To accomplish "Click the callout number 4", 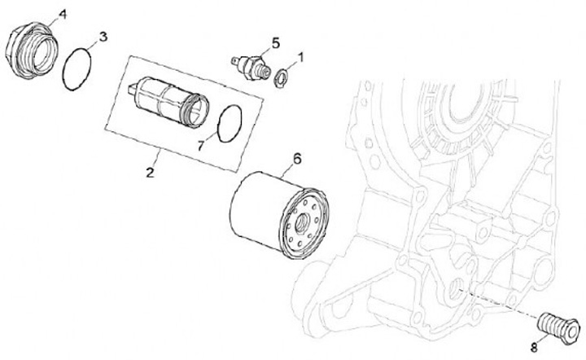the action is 62,15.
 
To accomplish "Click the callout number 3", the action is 103,37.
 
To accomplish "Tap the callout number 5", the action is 275,43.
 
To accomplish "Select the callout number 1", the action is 300,58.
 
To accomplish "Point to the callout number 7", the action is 201,146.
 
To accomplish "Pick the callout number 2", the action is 150,173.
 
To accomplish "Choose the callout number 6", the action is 297,159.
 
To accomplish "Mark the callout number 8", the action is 534,347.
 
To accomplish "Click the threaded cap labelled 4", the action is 33,50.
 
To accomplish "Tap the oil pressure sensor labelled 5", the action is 250,67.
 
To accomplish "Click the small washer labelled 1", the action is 280,77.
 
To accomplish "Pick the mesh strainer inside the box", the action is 168,102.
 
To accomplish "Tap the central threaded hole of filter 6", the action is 302,224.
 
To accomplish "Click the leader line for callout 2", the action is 155,157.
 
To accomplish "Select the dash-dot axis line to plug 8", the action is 500,304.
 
